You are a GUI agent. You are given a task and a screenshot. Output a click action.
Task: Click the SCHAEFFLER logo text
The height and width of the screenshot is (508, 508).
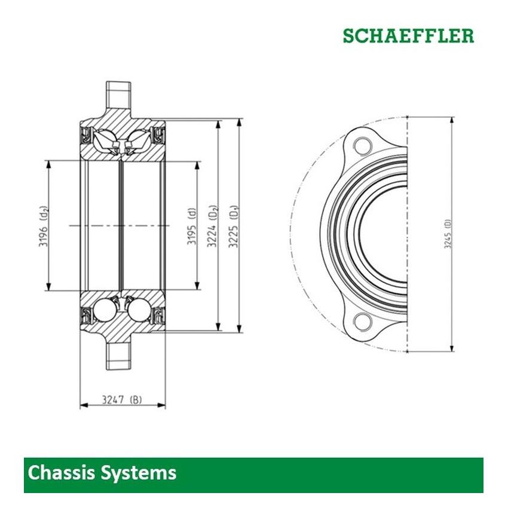click(408, 35)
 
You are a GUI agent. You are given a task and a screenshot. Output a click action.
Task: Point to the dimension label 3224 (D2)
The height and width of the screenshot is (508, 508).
click(213, 225)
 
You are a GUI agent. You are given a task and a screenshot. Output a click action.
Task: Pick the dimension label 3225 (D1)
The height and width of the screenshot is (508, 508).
click(234, 225)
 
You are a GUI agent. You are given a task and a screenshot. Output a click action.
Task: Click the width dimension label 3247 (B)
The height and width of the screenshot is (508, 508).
click(123, 399)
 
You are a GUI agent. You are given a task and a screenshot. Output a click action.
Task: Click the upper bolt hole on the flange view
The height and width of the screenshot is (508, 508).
click(361, 145)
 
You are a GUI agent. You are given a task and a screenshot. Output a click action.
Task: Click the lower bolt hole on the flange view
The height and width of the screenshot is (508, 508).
click(361, 321)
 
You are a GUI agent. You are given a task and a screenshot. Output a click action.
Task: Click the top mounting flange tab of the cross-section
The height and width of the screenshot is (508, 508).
click(120, 94)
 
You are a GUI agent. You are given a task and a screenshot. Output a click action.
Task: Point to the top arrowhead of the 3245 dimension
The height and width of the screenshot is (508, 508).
click(452, 120)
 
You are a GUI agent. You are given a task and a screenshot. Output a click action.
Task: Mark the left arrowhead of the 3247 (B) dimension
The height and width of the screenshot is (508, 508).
click(83, 406)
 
